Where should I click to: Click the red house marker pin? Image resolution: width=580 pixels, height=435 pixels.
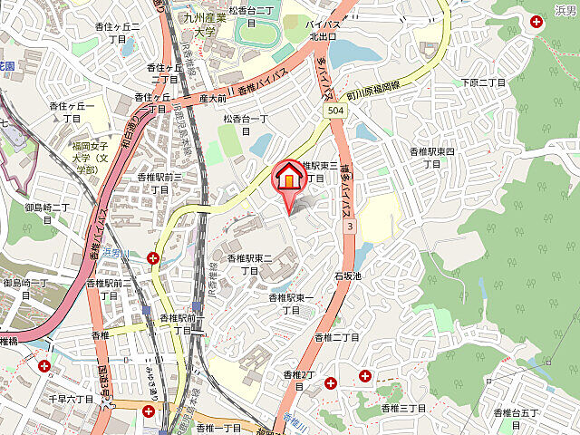click(288, 178)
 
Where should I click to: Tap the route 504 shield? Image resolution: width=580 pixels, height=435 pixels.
click(333, 110)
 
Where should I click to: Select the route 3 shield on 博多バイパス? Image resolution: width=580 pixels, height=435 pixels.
click(348, 225)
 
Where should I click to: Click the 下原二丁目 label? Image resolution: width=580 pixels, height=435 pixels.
click(484, 83)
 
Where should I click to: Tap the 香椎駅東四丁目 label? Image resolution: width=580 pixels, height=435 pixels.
click(437, 157)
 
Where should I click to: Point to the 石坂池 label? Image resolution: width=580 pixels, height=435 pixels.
click(347, 275)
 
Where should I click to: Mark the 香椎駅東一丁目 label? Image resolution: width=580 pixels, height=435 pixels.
click(292, 304)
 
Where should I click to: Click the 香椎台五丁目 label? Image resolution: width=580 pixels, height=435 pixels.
click(516, 419)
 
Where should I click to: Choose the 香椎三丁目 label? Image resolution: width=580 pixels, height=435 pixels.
click(402, 410)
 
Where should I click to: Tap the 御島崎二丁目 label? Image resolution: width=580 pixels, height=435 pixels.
click(47, 214)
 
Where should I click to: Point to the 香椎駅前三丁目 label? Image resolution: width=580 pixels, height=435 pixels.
click(160, 183)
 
